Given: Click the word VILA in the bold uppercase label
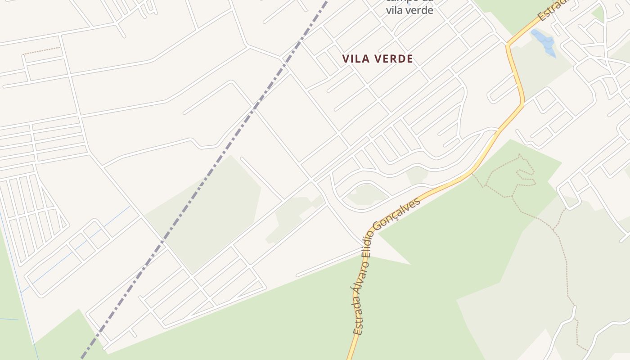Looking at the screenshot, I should coord(355,59).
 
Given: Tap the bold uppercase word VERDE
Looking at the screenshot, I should coord(393,59).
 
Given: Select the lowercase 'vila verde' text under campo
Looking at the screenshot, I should coord(409,10).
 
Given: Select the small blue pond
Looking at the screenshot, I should coord(544,42).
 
